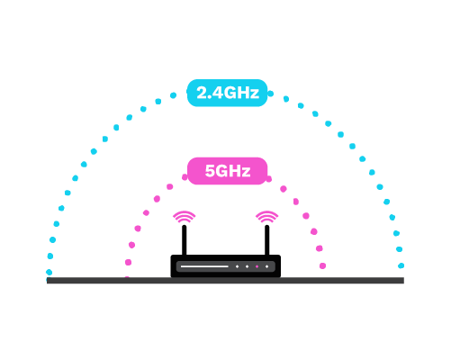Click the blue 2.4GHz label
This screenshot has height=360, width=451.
point(227,93)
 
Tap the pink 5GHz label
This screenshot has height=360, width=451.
point(227,171)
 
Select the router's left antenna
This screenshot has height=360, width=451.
point(185,240)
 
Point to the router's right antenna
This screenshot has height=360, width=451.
point(266,240)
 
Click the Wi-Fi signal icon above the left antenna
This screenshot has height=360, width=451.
point(185,217)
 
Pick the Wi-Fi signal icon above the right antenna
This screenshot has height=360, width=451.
point(266,217)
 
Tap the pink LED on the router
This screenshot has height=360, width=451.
point(257,266)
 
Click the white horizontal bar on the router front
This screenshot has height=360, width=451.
point(204,266)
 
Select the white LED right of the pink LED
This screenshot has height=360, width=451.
point(266,266)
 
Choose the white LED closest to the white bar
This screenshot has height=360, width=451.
point(237,266)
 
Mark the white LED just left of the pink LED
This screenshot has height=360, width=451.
point(247,266)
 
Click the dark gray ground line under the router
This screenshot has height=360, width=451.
point(225,281)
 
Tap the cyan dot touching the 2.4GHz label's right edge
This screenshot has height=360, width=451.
point(270,94)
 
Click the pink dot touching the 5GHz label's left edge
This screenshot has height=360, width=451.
point(185,177)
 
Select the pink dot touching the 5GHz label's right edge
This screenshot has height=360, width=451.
point(269,179)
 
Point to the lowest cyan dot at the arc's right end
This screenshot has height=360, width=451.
point(401,265)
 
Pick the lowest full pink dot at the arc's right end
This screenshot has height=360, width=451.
point(322,265)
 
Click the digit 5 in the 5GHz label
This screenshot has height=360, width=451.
point(209,171)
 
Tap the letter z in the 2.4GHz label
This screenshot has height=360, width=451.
point(255,94)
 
